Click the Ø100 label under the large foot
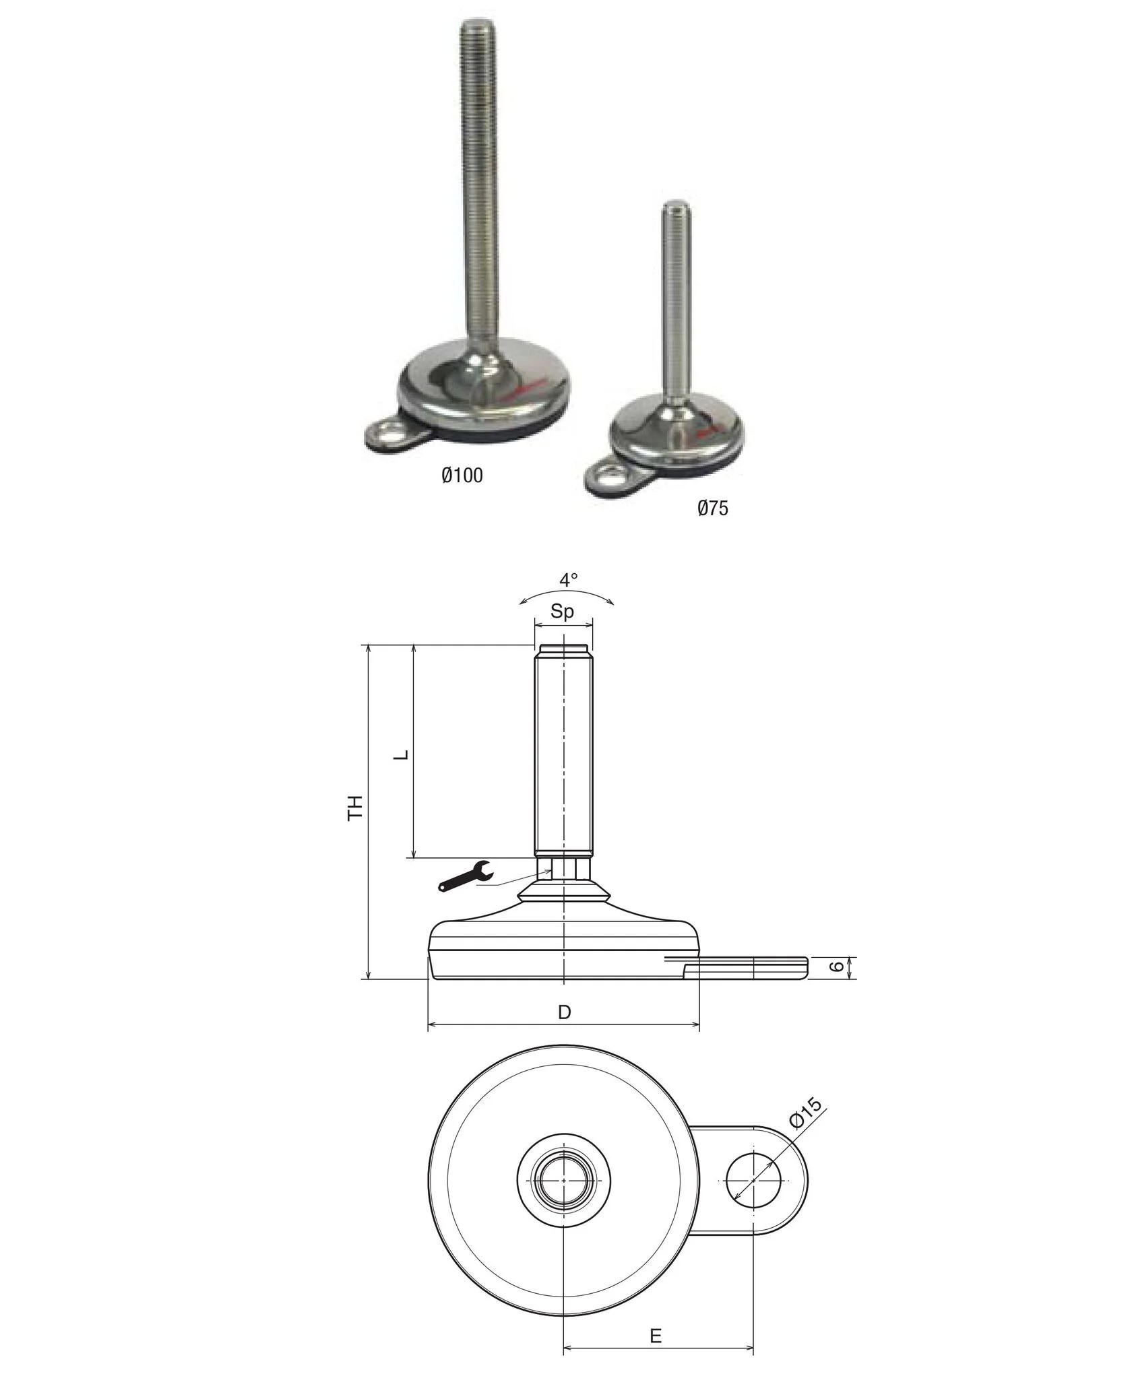pos(462,476)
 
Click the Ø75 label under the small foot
pos(713,508)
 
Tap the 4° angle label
pos(569,579)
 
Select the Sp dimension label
pos(563,612)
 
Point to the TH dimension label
pos(355,807)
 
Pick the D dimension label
pos(565,1012)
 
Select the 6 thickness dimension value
pos(836,967)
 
